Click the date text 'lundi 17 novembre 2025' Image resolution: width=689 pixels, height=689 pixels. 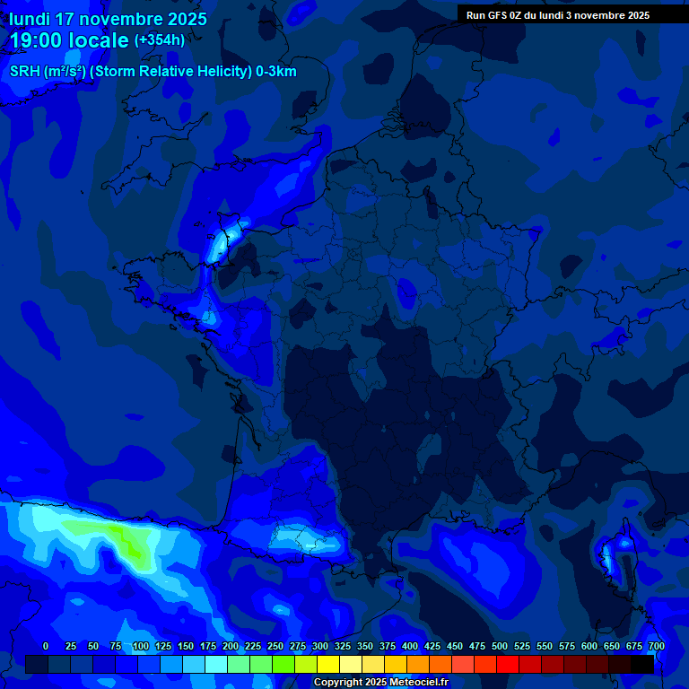(108, 19)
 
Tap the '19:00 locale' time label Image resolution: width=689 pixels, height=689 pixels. (69, 40)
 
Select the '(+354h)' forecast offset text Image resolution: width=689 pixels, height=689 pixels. (160, 40)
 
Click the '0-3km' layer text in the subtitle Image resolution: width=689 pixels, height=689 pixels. (275, 72)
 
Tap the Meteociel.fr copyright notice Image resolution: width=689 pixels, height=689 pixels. (380, 683)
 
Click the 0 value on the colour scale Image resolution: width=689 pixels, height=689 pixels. (46, 646)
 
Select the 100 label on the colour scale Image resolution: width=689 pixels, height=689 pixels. (140, 646)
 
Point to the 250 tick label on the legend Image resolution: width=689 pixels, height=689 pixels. (275, 646)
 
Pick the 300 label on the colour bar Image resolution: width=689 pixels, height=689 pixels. (320, 646)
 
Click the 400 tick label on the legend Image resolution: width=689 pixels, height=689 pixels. (410, 646)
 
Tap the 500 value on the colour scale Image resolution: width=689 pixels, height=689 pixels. (500, 646)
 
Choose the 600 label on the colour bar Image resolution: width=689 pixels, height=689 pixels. (589, 646)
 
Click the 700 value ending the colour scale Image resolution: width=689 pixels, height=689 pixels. (656, 646)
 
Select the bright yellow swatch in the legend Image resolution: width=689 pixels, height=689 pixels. (328, 664)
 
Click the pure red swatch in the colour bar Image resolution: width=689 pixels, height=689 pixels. (508, 664)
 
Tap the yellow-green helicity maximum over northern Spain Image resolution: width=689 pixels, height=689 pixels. (130, 544)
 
